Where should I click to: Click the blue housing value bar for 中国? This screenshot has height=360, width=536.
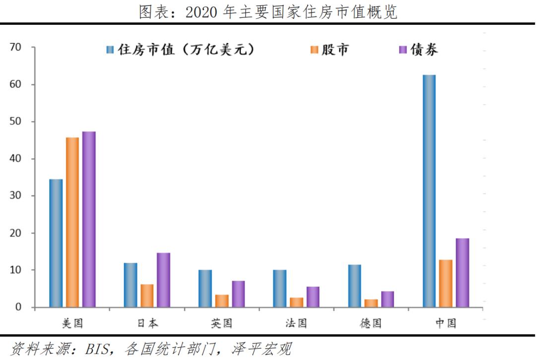pyautogui.click(x=429, y=191)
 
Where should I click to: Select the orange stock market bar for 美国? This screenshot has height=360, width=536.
pyautogui.click(x=72, y=222)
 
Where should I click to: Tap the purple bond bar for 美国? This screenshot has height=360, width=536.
pyautogui.click(x=89, y=219)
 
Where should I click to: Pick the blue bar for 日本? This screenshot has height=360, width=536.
pyautogui.click(x=131, y=285)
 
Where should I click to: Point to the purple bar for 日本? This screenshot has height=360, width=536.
pyautogui.click(x=163, y=280)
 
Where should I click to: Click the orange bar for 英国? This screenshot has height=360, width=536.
pyautogui.click(x=222, y=301)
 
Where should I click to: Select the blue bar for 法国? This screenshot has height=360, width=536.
pyautogui.click(x=279, y=288)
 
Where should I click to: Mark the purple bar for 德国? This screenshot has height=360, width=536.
pyautogui.click(x=388, y=299)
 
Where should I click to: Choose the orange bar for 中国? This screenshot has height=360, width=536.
pyautogui.click(x=446, y=283)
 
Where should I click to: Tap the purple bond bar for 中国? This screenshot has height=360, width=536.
pyautogui.click(x=463, y=273)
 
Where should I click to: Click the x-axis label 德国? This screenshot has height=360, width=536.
pyautogui.click(x=371, y=324)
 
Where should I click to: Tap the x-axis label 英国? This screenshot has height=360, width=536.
pyautogui.click(x=221, y=324)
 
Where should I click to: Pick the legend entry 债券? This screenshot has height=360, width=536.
pyautogui.click(x=424, y=50)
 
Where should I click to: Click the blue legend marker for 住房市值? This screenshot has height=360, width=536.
pyautogui.click(x=110, y=50)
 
